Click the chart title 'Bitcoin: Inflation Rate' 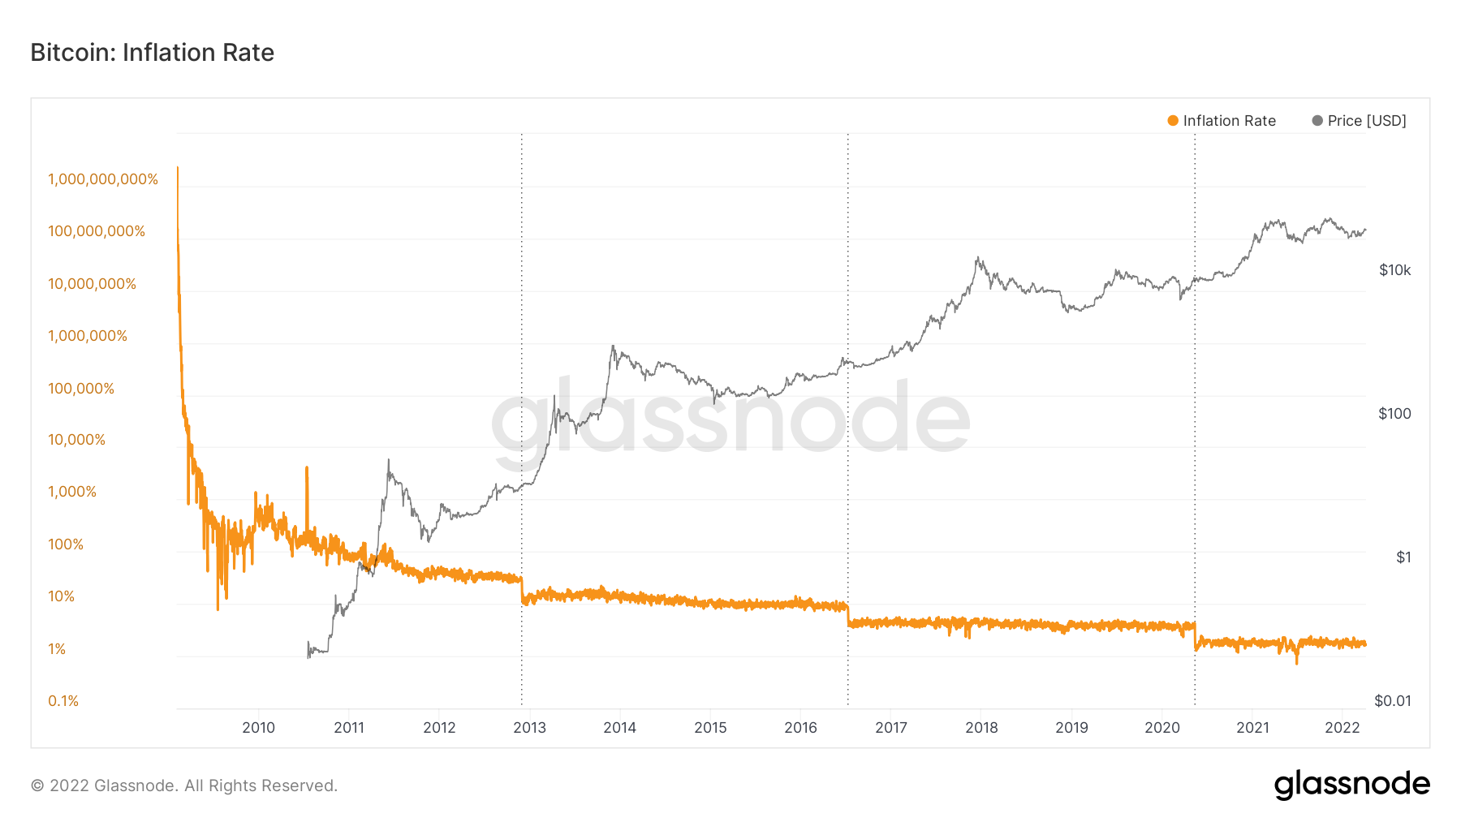(x=152, y=53)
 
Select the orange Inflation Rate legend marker (x=1172, y=121)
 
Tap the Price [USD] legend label (x=1367, y=121)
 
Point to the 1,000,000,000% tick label (x=103, y=179)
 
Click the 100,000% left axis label (x=81, y=389)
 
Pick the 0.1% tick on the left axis (x=63, y=701)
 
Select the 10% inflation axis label (x=61, y=596)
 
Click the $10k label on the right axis (x=1394, y=270)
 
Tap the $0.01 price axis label (x=1392, y=701)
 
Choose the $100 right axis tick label (x=1394, y=414)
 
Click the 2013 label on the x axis (x=529, y=728)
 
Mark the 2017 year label (x=890, y=728)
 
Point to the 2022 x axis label (x=1342, y=728)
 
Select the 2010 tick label (x=258, y=728)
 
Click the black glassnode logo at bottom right (x=1351, y=785)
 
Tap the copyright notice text (x=184, y=785)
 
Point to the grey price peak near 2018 (x=978, y=259)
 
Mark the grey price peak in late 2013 (x=613, y=346)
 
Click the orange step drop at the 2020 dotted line (x=1195, y=637)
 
